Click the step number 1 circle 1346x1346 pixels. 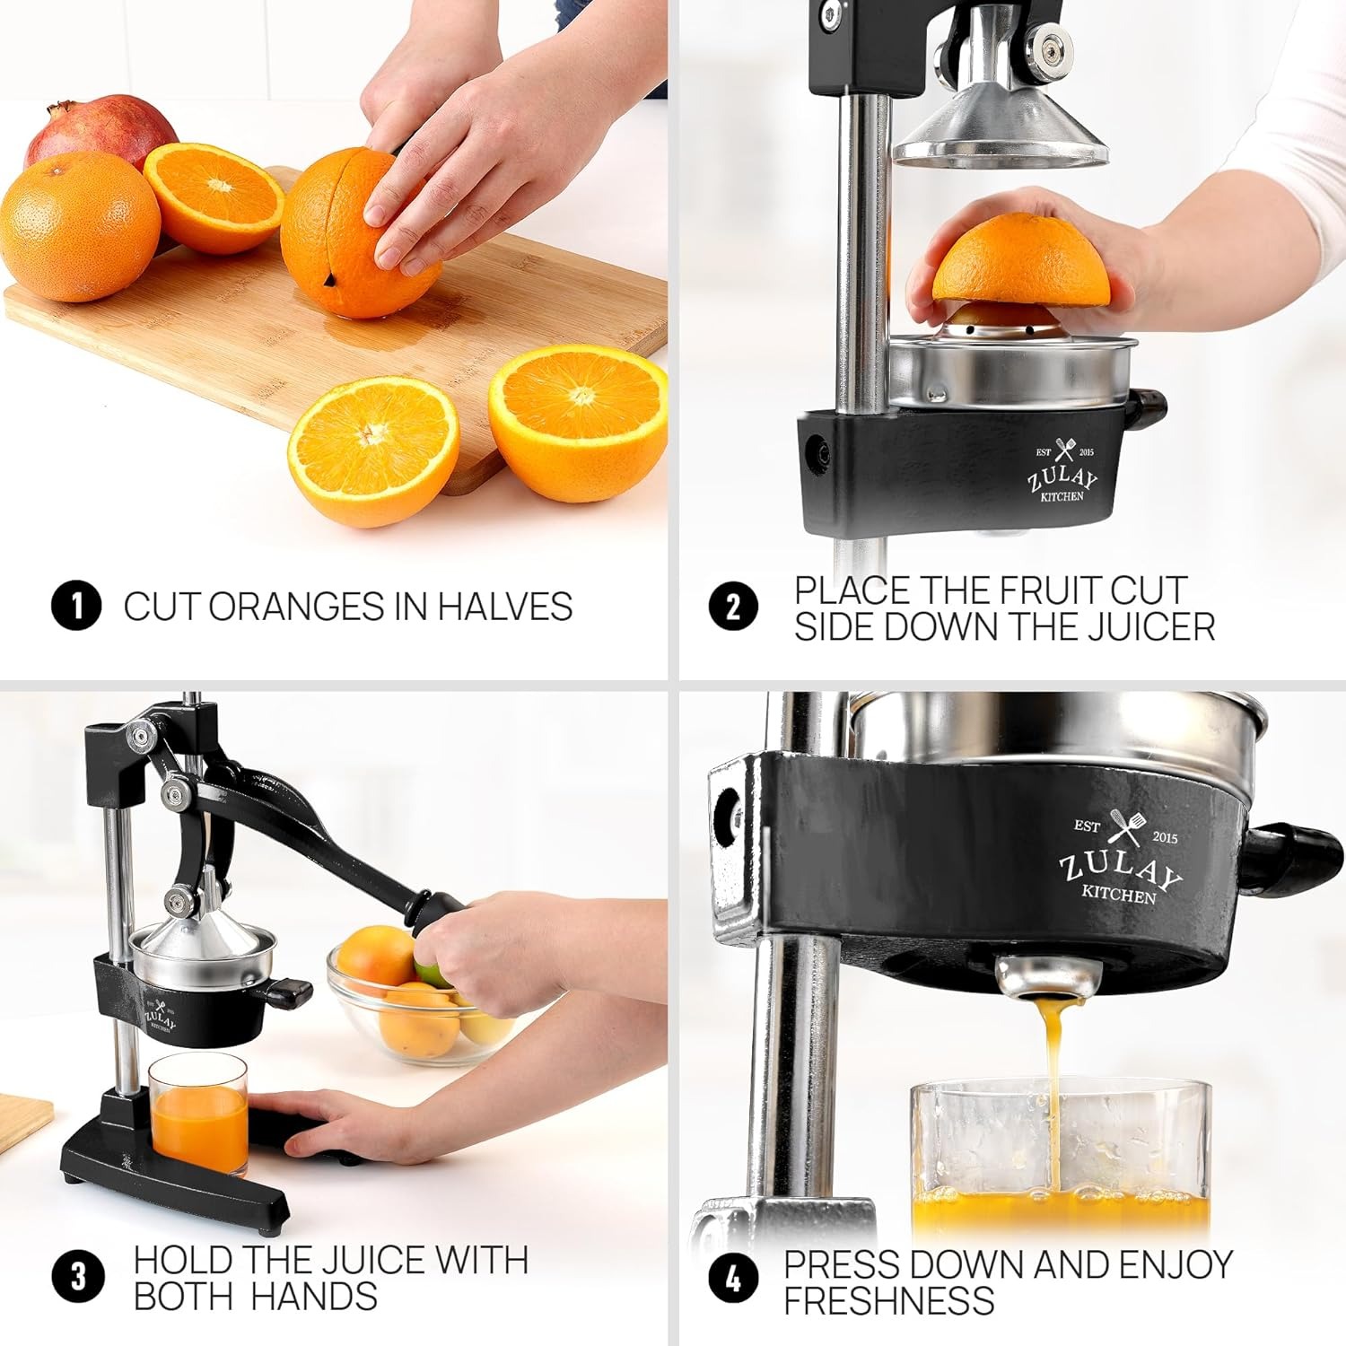click(76, 607)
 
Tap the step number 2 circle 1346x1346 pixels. click(733, 607)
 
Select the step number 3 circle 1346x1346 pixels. click(78, 1277)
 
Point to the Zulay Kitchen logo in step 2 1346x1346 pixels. click(1062, 473)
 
